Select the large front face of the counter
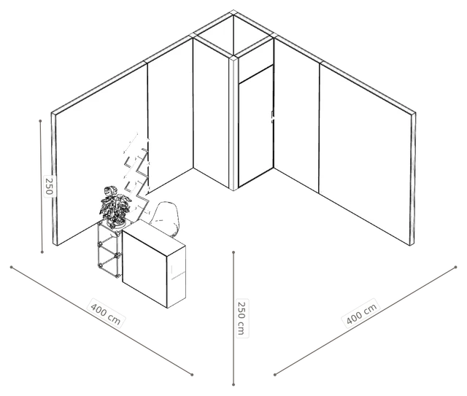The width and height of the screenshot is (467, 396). point(144,268)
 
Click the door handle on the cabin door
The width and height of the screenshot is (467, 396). point(272,117)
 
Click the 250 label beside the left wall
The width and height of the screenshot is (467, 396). point(49,185)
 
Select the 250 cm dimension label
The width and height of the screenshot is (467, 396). point(242,318)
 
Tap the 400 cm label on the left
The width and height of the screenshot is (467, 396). point(106,314)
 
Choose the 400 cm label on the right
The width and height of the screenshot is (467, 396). point(362,314)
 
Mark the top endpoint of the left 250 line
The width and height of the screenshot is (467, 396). point(41,121)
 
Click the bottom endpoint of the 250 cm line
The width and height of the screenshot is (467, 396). point(233,384)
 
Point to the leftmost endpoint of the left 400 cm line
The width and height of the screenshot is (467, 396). point(12,267)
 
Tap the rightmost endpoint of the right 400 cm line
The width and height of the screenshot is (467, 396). point(455,267)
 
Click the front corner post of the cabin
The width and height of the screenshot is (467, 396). point(233,123)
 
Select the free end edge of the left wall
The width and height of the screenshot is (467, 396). point(54,179)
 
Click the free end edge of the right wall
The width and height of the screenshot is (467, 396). point(412,179)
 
